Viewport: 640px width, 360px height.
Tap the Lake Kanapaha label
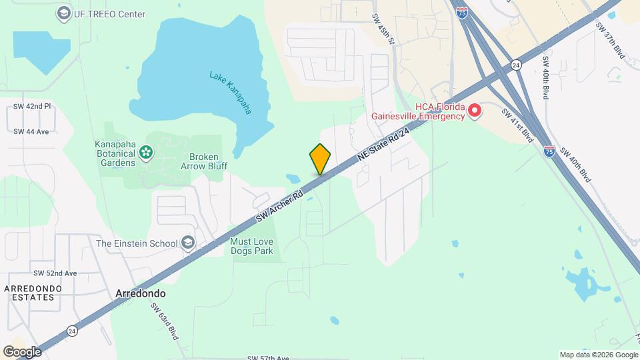coord(231,93)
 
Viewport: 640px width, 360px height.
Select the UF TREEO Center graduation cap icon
coord(63,13)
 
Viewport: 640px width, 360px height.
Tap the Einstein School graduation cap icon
coord(188,243)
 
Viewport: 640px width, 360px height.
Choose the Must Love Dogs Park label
coord(251,247)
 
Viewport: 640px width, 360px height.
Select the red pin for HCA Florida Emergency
coord(474,111)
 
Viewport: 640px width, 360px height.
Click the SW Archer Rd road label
coord(280,207)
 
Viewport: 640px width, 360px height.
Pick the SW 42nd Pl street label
coord(32,107)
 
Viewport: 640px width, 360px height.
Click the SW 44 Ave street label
coord(31,131)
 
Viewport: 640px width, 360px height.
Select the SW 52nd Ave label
coord(55,273)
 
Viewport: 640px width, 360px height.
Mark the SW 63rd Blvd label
coord(165,321)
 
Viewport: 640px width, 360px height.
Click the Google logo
coord(22,351)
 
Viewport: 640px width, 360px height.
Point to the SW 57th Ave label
coord(269,358)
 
